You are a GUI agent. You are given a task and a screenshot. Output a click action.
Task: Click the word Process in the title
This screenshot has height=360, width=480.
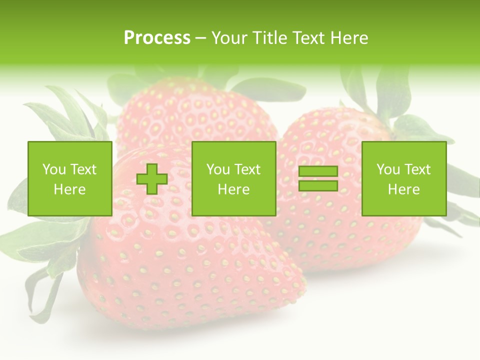(157, 38)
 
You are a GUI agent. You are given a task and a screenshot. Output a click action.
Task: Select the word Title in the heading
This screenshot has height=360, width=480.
(269, 38)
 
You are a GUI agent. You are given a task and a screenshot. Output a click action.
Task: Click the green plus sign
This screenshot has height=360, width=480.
(152, 178)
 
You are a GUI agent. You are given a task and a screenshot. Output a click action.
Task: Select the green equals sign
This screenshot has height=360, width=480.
(318, 178)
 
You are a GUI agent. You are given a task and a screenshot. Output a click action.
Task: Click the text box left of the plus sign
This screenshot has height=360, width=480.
(69, 178)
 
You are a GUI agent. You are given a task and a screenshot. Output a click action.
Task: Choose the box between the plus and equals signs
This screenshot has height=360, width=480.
(233, 178)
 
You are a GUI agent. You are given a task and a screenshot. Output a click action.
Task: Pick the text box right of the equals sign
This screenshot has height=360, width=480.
(403, 178)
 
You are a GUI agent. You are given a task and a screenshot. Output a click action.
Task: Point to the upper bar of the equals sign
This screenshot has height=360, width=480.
(318, 171)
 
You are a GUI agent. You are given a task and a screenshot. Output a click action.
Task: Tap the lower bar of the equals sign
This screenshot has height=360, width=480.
(318, 185)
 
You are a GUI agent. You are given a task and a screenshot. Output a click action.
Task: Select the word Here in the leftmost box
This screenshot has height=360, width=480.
(69, 189)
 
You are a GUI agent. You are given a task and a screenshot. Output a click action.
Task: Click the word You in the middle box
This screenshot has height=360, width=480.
(218, 169)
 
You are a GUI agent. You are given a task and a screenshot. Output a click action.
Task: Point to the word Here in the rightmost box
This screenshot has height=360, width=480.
(403, 189)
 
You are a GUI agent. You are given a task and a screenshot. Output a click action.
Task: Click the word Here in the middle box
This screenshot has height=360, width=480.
(233, 189)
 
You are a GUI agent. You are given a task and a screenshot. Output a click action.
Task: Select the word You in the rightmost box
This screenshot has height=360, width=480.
(388, 169)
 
